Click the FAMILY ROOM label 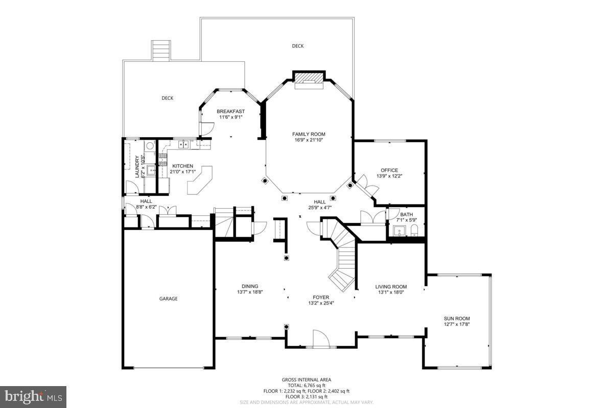point(309,134)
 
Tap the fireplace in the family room point(309,80)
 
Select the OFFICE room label point(389,170)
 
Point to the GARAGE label point(168,299)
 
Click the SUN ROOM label point(456,318)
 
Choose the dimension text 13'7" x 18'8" point(250,292)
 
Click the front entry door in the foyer point(320,339)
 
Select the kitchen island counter point(200,180)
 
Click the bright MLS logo point(33,396)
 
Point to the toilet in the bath point(414,231)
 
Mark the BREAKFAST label point(230,111)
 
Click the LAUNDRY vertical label point(137,167)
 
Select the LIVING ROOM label point(391,287)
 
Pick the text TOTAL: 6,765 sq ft point(306,386)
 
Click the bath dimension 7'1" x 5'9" point(407,220)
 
